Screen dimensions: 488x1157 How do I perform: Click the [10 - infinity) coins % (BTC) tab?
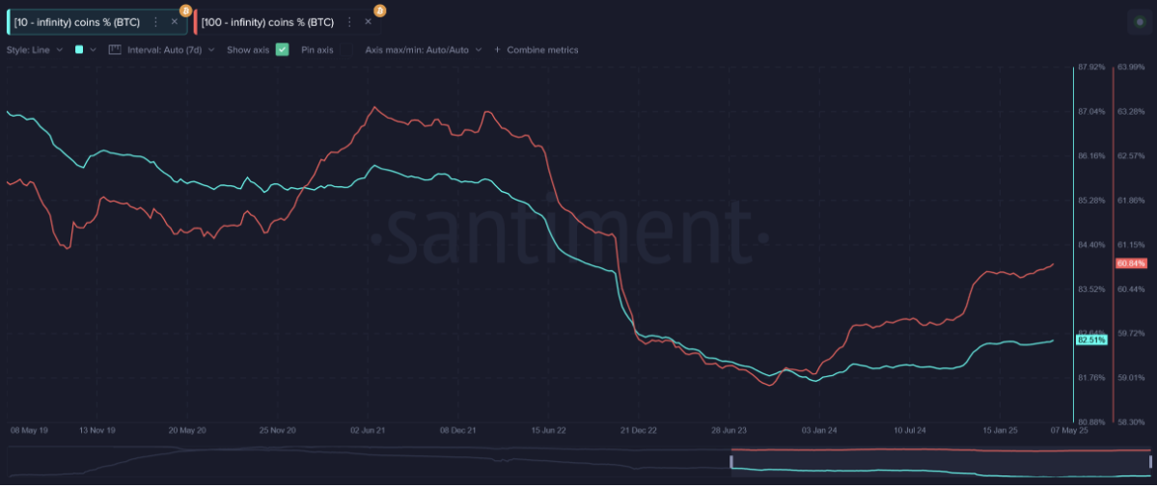click(x=77, y=21)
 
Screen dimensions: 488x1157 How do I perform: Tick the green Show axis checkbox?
click(x=282, y=49)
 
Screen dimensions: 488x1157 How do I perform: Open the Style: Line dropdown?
click(x=34, y=49)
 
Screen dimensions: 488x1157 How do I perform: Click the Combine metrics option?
click(x=541, y=49)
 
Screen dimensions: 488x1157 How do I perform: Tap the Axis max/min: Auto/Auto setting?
click(x=423, y=49)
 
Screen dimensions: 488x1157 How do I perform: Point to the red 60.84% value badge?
click(x=1131, y=263)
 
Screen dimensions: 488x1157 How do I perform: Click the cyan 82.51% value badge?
click(x=1091, y=339)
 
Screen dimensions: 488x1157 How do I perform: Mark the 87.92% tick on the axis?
click(x=1091, y=68)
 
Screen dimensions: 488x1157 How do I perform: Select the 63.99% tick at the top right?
click(x=1131, y=68)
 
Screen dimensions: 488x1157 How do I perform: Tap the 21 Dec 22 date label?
click(x=639, y=429)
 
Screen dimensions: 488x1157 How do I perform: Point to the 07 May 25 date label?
click(x=1069, y=429)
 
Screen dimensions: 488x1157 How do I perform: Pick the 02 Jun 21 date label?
click(x=368, y=429)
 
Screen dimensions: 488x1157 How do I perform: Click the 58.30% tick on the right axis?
click(x=1131, y=421)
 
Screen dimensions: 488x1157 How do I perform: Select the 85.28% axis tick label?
click(x=1091, y=201)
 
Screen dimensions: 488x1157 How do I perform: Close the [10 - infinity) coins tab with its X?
click(x=175, y=21)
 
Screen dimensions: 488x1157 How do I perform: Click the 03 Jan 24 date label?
click(x=819, y=429)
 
